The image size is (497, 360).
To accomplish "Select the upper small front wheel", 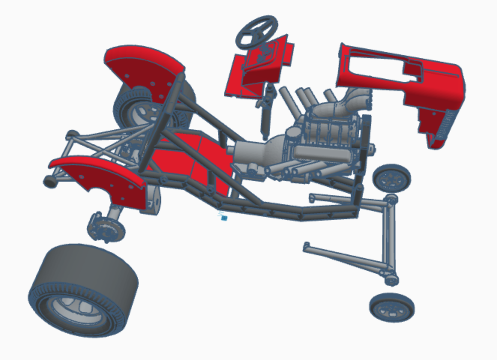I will (392, 178).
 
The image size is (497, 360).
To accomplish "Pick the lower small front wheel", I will (392, 308).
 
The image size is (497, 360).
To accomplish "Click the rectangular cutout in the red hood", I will (375, 66).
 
